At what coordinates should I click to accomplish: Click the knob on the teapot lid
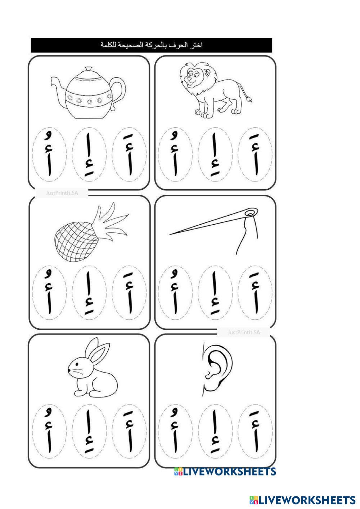[x=89, y=69]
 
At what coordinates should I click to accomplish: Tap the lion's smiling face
[x=192, y=76]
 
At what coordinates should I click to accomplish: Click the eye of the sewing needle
[x=251, y=213]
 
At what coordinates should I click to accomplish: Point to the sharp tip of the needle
[x=170, y=234]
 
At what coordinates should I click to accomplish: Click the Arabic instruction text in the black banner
[x=151, y=45]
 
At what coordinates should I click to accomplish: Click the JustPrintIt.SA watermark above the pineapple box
[x=62, y=193]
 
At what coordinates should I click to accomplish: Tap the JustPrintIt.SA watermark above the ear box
[x=244, y=333]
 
